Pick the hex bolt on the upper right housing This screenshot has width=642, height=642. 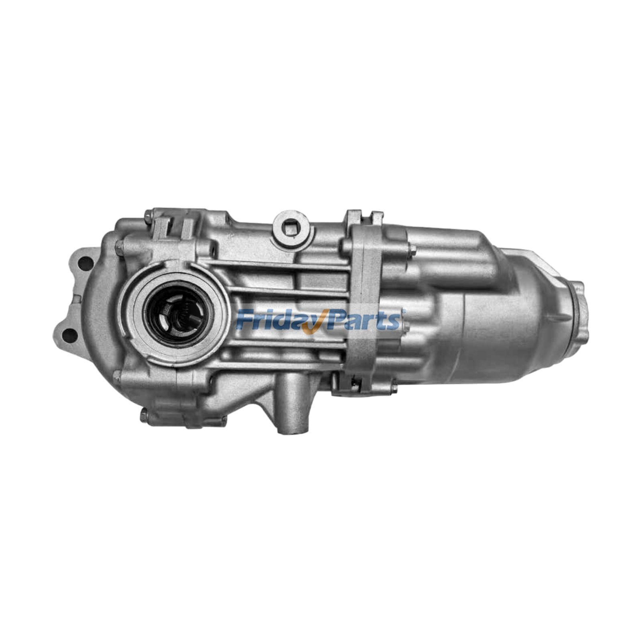point(412,251)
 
